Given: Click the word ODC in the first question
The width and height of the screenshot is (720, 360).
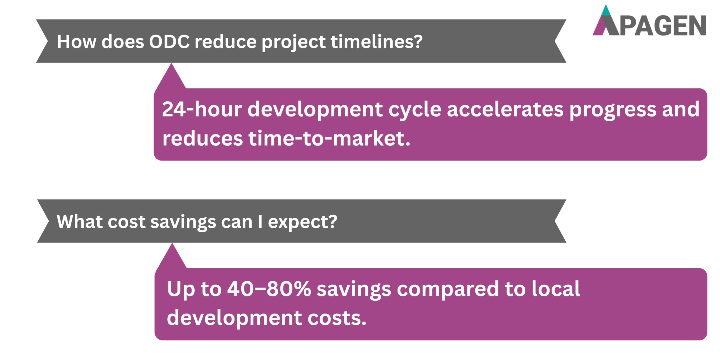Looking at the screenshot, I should [x=169, y=42].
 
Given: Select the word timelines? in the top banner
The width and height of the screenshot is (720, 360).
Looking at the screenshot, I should [x=376, y=42].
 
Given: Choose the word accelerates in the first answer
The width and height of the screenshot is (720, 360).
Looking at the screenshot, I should [x=505, y=109].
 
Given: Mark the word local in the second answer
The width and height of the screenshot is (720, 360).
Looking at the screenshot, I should [x=556, y=289].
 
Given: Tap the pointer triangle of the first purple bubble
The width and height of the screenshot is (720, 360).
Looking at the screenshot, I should [x=171, y=79].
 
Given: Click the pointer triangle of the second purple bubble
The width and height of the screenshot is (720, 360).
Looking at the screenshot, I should [x=172, y=259].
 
